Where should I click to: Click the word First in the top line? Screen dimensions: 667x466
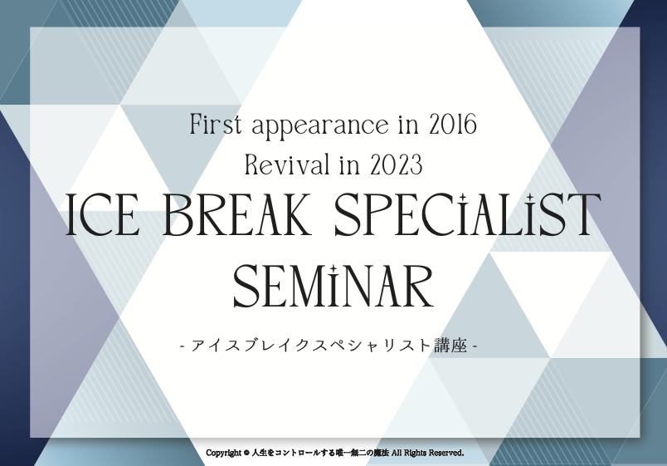pyautogui.click(x=216, y=125)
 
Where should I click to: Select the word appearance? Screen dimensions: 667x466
pyautogui.click(x=320, y=126)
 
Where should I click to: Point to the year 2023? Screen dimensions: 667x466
pyautogui.click(x=397, y=164)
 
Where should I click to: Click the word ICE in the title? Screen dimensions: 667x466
pyautogui.click(x=103, y=214)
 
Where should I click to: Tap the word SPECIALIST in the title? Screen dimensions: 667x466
pyautogui.click(x=468, y=213)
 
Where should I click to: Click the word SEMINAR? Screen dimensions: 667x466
pyautogui.click(x=333, y=286)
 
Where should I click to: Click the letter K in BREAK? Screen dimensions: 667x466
pyautogui.click(x=293, y=214)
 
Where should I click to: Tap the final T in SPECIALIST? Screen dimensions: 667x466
pyautogui.click(x=582, y=214)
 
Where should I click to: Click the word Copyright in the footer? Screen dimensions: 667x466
pyautogui.click(x=224, y=453)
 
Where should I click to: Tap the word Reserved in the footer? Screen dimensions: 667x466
pyautogui.click(x=445, y=453)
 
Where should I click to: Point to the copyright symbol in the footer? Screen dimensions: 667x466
pyautogui.click(x=246, y=453)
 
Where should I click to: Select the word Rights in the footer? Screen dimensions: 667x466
pyautogui.click(x=414, y=454)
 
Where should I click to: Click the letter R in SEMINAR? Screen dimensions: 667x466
pyautogui.click(x=417, y=287)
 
